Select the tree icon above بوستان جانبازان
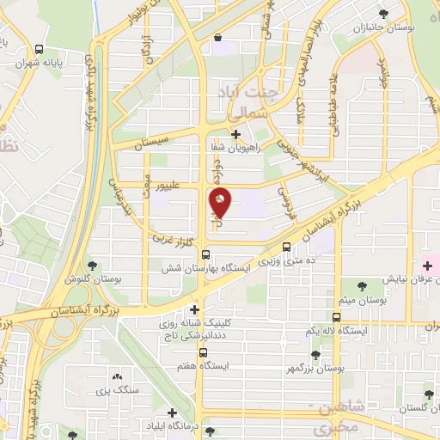383,15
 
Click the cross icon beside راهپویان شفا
235,134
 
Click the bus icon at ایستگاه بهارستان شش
205,254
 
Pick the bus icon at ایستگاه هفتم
203,351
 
